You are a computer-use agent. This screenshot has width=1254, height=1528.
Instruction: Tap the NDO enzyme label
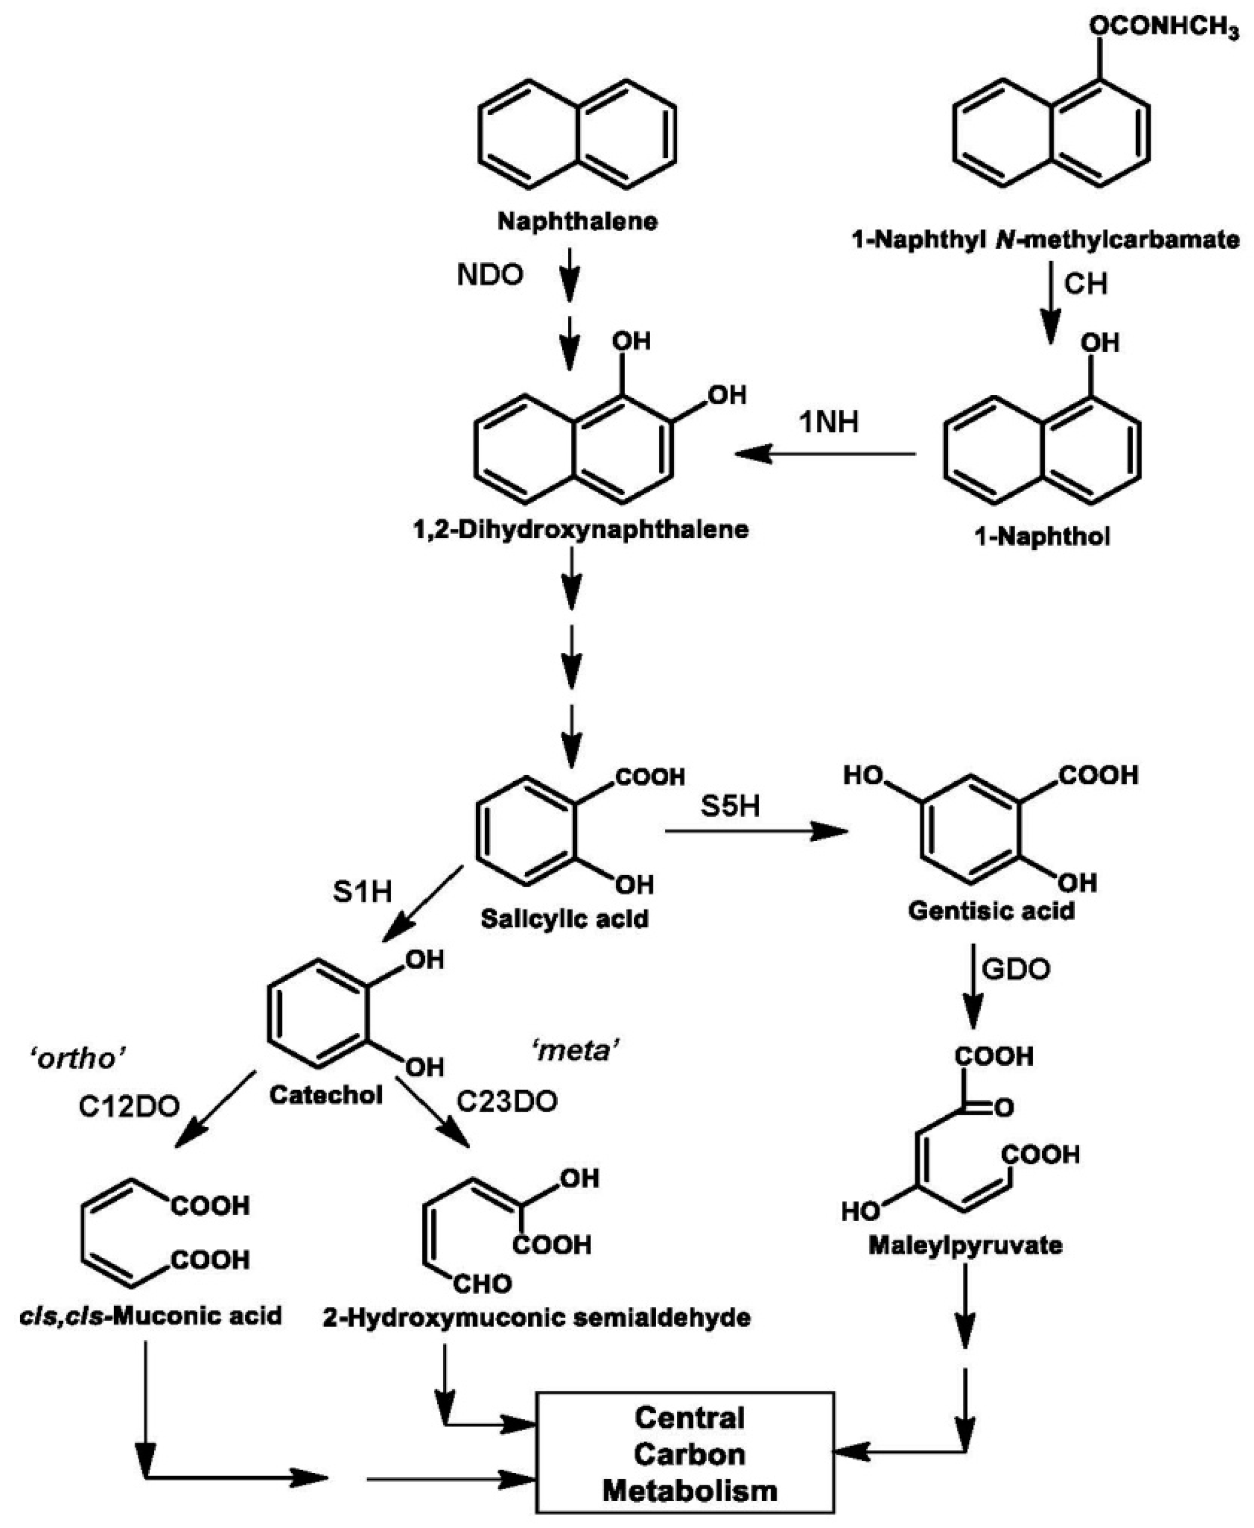(x=490, y=275)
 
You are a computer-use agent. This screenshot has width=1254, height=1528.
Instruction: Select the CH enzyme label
(x=1085, y=284)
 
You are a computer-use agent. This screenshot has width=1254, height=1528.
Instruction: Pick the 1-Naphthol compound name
(x=1043, y=536)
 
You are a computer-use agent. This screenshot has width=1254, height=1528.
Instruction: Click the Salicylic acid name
(x=565, y=919)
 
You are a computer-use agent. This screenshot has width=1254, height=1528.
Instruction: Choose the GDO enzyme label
(x=1016, y=969)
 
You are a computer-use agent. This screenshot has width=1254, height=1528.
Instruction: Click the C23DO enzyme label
(x=507, y=1102)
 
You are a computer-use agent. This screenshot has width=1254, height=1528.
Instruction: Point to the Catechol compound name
(x=326, y=1095)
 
